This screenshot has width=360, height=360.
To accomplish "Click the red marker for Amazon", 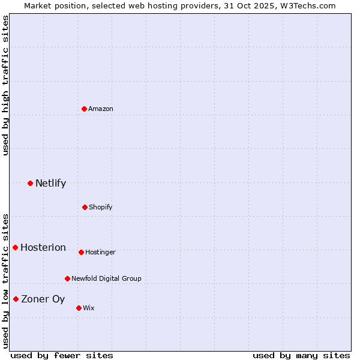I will click(85, 109).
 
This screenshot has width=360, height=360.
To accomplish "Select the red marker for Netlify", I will click(31, 183).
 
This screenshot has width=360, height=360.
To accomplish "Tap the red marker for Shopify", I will click(85, 207).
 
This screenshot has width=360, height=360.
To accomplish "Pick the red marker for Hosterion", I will click(16, 247).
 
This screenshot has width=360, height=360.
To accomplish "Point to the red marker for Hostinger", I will click(81, 252).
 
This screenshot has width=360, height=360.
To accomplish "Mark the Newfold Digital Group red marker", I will click(67, 278).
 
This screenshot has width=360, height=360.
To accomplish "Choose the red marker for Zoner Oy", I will click(16, 299).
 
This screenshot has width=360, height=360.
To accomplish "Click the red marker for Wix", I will click(79, 308).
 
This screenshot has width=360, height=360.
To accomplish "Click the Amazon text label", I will click(101, 109).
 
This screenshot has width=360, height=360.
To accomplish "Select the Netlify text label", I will click(50, 183).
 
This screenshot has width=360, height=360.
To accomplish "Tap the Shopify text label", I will click(101, 207).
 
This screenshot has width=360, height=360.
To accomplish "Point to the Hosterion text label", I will click(43, 247).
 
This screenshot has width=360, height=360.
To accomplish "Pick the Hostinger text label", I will click(100, 252).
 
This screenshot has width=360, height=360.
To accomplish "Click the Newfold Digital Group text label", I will click(106, 278).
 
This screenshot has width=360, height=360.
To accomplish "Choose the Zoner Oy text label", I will click(43, 299).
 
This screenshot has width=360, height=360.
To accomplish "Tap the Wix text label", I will click(89, 308).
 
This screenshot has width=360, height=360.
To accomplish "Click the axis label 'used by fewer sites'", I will click(62, 355).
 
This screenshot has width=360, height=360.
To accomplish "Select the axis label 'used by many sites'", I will click(301, 355).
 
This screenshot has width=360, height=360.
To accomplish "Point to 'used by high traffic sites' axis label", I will click(5, 85).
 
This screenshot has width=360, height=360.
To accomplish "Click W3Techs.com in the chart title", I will click(306, 5).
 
